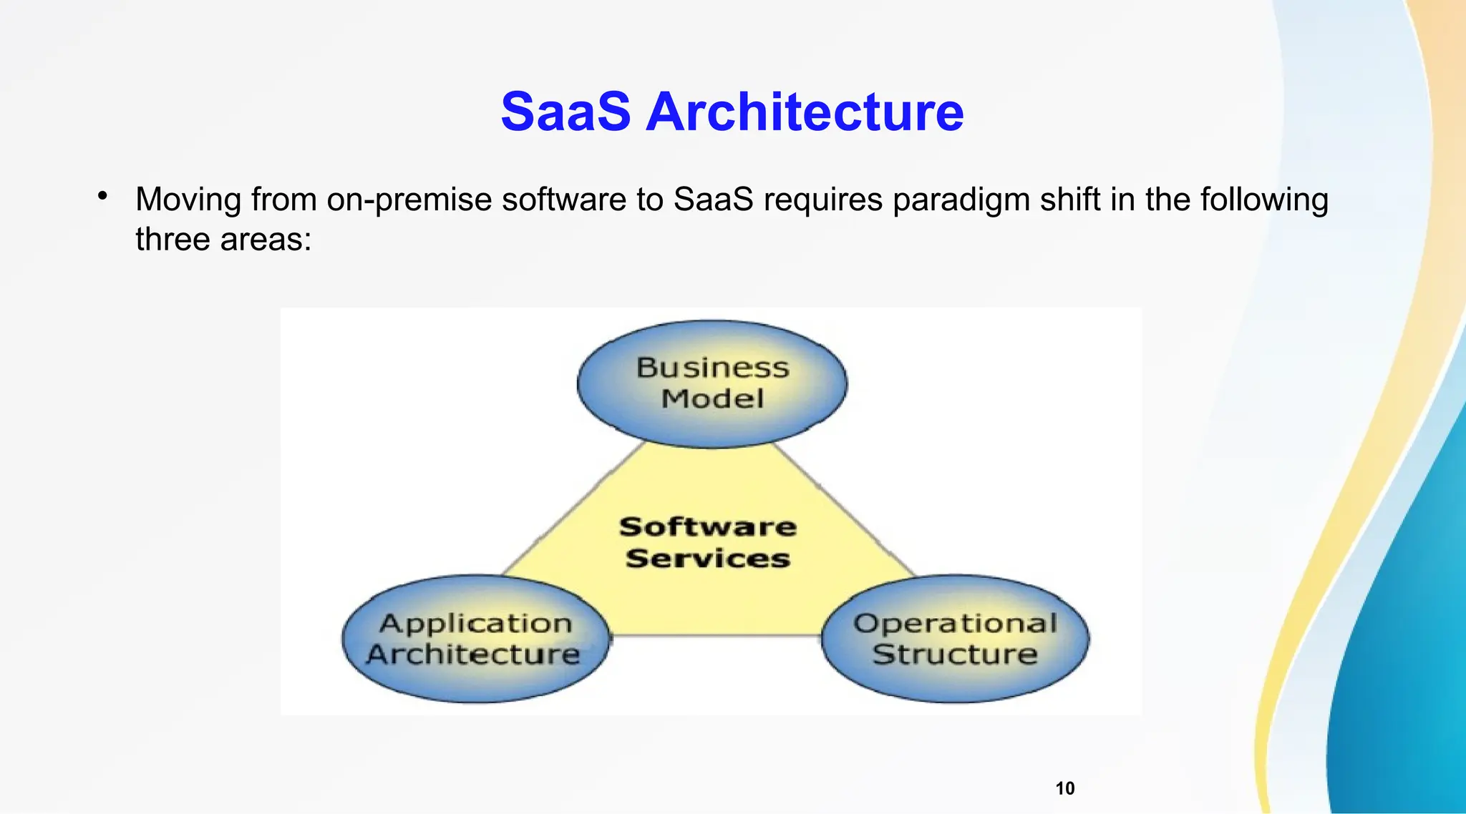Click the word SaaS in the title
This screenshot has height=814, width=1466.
coord(565,112)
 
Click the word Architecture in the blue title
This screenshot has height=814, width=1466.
coord(805,112)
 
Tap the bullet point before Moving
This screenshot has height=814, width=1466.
coord(103,195)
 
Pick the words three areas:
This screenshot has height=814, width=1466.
coord(223,240)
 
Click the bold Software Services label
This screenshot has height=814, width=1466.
coord(707,542)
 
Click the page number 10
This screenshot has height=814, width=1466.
coord(1065,788)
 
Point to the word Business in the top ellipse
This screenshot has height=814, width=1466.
coord(712,368)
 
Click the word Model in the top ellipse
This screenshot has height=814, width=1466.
coord(712,398)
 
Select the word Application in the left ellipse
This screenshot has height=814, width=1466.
coord(475,623)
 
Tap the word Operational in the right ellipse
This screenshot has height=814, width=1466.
coord(955,623)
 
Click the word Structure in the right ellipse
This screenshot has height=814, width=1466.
coord(955,654)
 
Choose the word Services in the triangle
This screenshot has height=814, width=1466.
coord(707,558)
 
